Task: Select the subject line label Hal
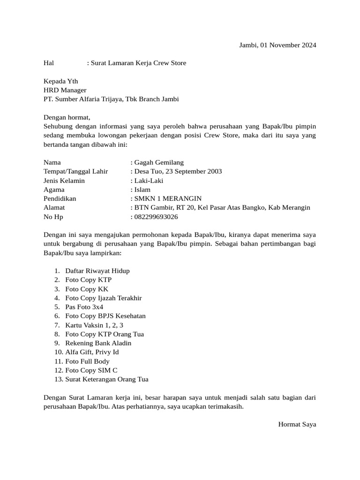[49, 63]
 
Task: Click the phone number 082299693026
[156, 217]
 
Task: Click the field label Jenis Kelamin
[64, 180]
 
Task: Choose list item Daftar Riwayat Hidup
[97, 271]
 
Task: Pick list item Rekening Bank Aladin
[98, 343]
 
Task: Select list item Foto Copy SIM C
[91, 370]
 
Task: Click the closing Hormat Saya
[297, 424]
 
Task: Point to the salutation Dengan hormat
[67, 117]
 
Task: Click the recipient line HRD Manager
[65, 90]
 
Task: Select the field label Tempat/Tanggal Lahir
[76, 172]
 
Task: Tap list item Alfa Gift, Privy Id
[92, 352]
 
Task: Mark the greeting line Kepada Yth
[61, 81]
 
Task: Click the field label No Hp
[53, 217]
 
